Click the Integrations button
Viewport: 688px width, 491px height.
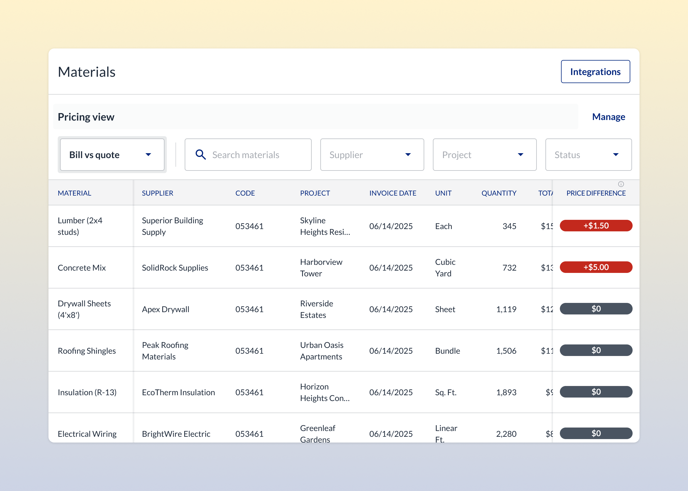pos(595,72)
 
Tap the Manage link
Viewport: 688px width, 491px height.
pos(608,117)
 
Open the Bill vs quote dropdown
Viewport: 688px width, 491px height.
pos(112,155)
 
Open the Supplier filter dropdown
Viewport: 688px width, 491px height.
pos(372,155)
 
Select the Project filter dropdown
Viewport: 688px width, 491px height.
pos(484,155)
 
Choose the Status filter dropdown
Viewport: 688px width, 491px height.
pos(588,155)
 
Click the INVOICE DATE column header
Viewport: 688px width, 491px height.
pos(392,193)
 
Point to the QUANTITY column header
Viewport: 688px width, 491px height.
pos(498,193)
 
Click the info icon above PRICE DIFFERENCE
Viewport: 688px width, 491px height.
pos(620,184)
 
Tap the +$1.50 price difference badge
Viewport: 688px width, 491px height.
pos(595,226)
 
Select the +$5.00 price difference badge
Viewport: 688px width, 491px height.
pos(595,267)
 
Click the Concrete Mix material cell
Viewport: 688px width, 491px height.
pos(82,268)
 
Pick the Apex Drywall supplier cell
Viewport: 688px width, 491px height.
pos(165,309)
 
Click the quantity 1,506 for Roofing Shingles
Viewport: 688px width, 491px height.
pos(506,351)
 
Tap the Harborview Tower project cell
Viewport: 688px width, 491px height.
pos(321,268)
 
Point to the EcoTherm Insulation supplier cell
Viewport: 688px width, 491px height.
pos(178,392)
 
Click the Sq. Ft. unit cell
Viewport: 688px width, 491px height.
pos(446,392)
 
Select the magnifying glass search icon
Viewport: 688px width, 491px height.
pos(201,155)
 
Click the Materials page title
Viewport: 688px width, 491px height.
pos(87,72)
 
